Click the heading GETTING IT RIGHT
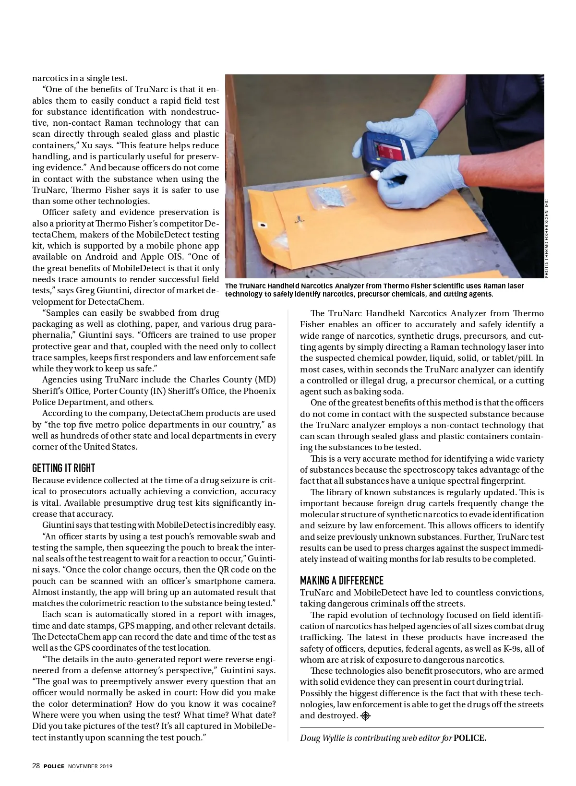[x=64, y=468]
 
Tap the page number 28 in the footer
[x=36, y=766]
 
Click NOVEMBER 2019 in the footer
[x=90, y=766]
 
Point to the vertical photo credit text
[x=547, y=238]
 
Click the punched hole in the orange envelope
[x=263, y=225]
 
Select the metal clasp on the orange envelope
[x=300, y=220]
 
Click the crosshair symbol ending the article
[x=366, y=716]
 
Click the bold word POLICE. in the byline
[x=470, y=738]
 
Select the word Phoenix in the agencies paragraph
[x=260, y=391]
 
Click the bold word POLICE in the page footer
[x=54, y=766]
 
